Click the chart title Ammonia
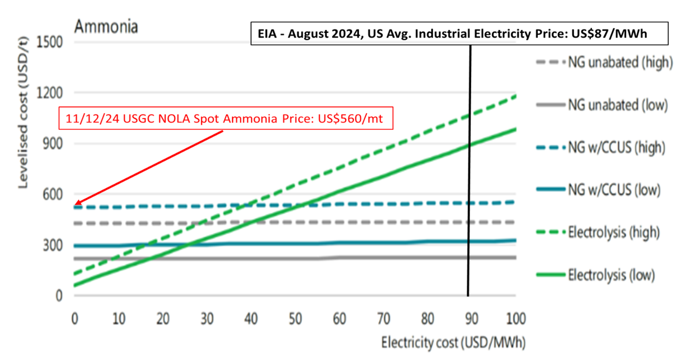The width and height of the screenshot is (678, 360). click(x=106, y=26)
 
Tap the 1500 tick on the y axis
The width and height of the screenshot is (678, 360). click(x=50, y=42)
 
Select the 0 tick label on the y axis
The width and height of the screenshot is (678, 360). click(x=59, y=296)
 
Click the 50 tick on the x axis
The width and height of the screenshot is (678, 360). click(x=295, y=319)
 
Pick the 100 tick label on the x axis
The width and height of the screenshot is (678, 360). click(x=516, y=319)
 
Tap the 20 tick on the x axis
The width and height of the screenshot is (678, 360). click(x=163, y=319)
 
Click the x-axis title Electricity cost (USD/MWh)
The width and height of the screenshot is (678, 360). click(x=453, y=343)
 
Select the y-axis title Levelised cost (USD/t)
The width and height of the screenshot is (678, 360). click(x=23, y=113)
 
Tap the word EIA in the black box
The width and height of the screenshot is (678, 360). click(x=267, y=34)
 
